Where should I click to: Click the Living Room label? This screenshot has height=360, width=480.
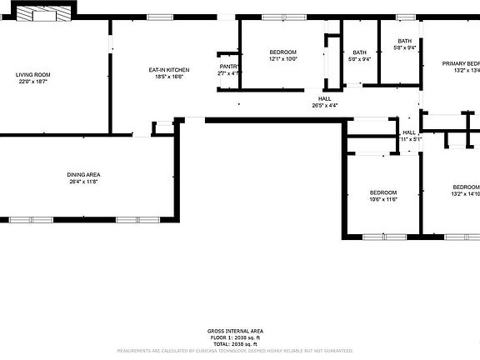(x=33, y=75)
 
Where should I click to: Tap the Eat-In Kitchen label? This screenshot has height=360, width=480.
(x=168, y=69)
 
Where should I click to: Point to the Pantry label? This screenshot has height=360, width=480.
(x=229, y=67)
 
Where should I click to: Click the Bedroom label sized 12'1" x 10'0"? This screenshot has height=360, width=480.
(x=282, y=52)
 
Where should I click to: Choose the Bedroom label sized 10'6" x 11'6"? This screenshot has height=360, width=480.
(x=383, y=192)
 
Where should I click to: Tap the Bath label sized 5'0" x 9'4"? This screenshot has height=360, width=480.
(x=360, y=52)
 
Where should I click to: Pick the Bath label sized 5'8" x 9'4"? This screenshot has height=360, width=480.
(x=404, y=41)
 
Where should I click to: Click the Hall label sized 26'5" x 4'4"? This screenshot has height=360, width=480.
(x=325, y=98)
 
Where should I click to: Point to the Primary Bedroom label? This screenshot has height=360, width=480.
(x=461, y=63)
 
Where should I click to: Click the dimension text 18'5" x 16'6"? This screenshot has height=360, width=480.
(x=168, y=77)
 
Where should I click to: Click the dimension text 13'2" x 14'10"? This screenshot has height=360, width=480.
(x=465, y=194)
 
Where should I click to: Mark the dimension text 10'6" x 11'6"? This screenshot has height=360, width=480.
(x=383, y=199)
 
